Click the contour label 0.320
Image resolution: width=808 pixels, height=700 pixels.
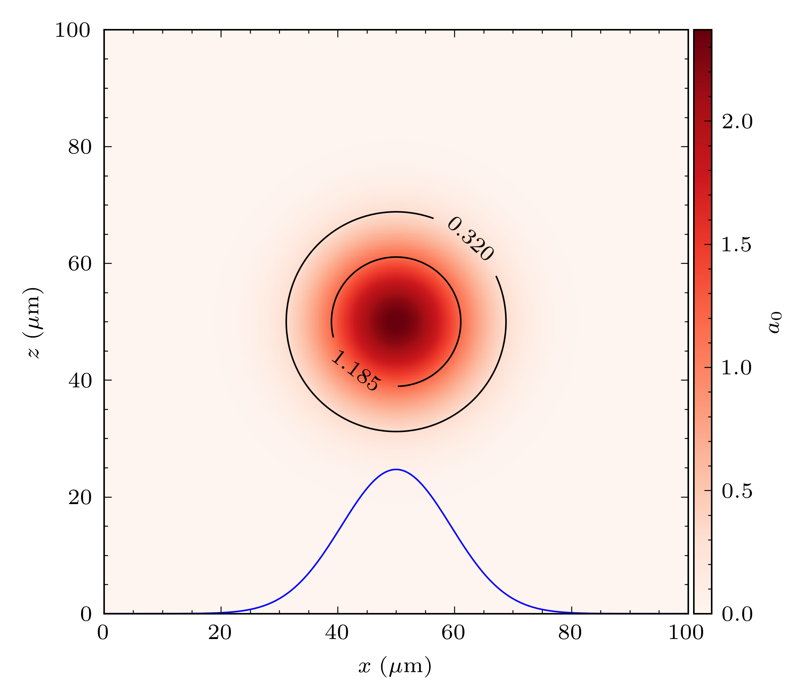[x=470, y=239]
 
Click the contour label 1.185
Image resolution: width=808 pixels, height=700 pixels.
[x=355, y=370]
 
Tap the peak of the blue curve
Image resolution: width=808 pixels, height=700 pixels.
[x=396, y=470]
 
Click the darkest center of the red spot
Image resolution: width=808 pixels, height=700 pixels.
[x=396, y=322]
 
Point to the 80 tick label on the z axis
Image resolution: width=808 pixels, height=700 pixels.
[x=79, y=147]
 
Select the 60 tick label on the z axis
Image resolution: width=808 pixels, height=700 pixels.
[x=79, y=264]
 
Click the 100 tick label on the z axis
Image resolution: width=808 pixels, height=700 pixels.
[x=73, y=30]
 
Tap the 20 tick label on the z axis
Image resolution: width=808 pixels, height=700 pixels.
[x=79, y=498]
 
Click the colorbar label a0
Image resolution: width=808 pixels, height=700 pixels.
[x=775, y=323]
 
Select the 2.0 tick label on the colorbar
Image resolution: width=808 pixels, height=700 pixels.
[x=737, y=122]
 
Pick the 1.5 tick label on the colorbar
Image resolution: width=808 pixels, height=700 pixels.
[x=737, y=245]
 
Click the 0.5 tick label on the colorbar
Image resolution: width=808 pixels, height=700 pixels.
[x=737, y=491]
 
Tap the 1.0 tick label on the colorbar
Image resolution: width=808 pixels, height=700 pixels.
[x=737, y=368]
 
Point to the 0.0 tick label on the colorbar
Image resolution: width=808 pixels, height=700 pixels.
[x=737, y=614]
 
